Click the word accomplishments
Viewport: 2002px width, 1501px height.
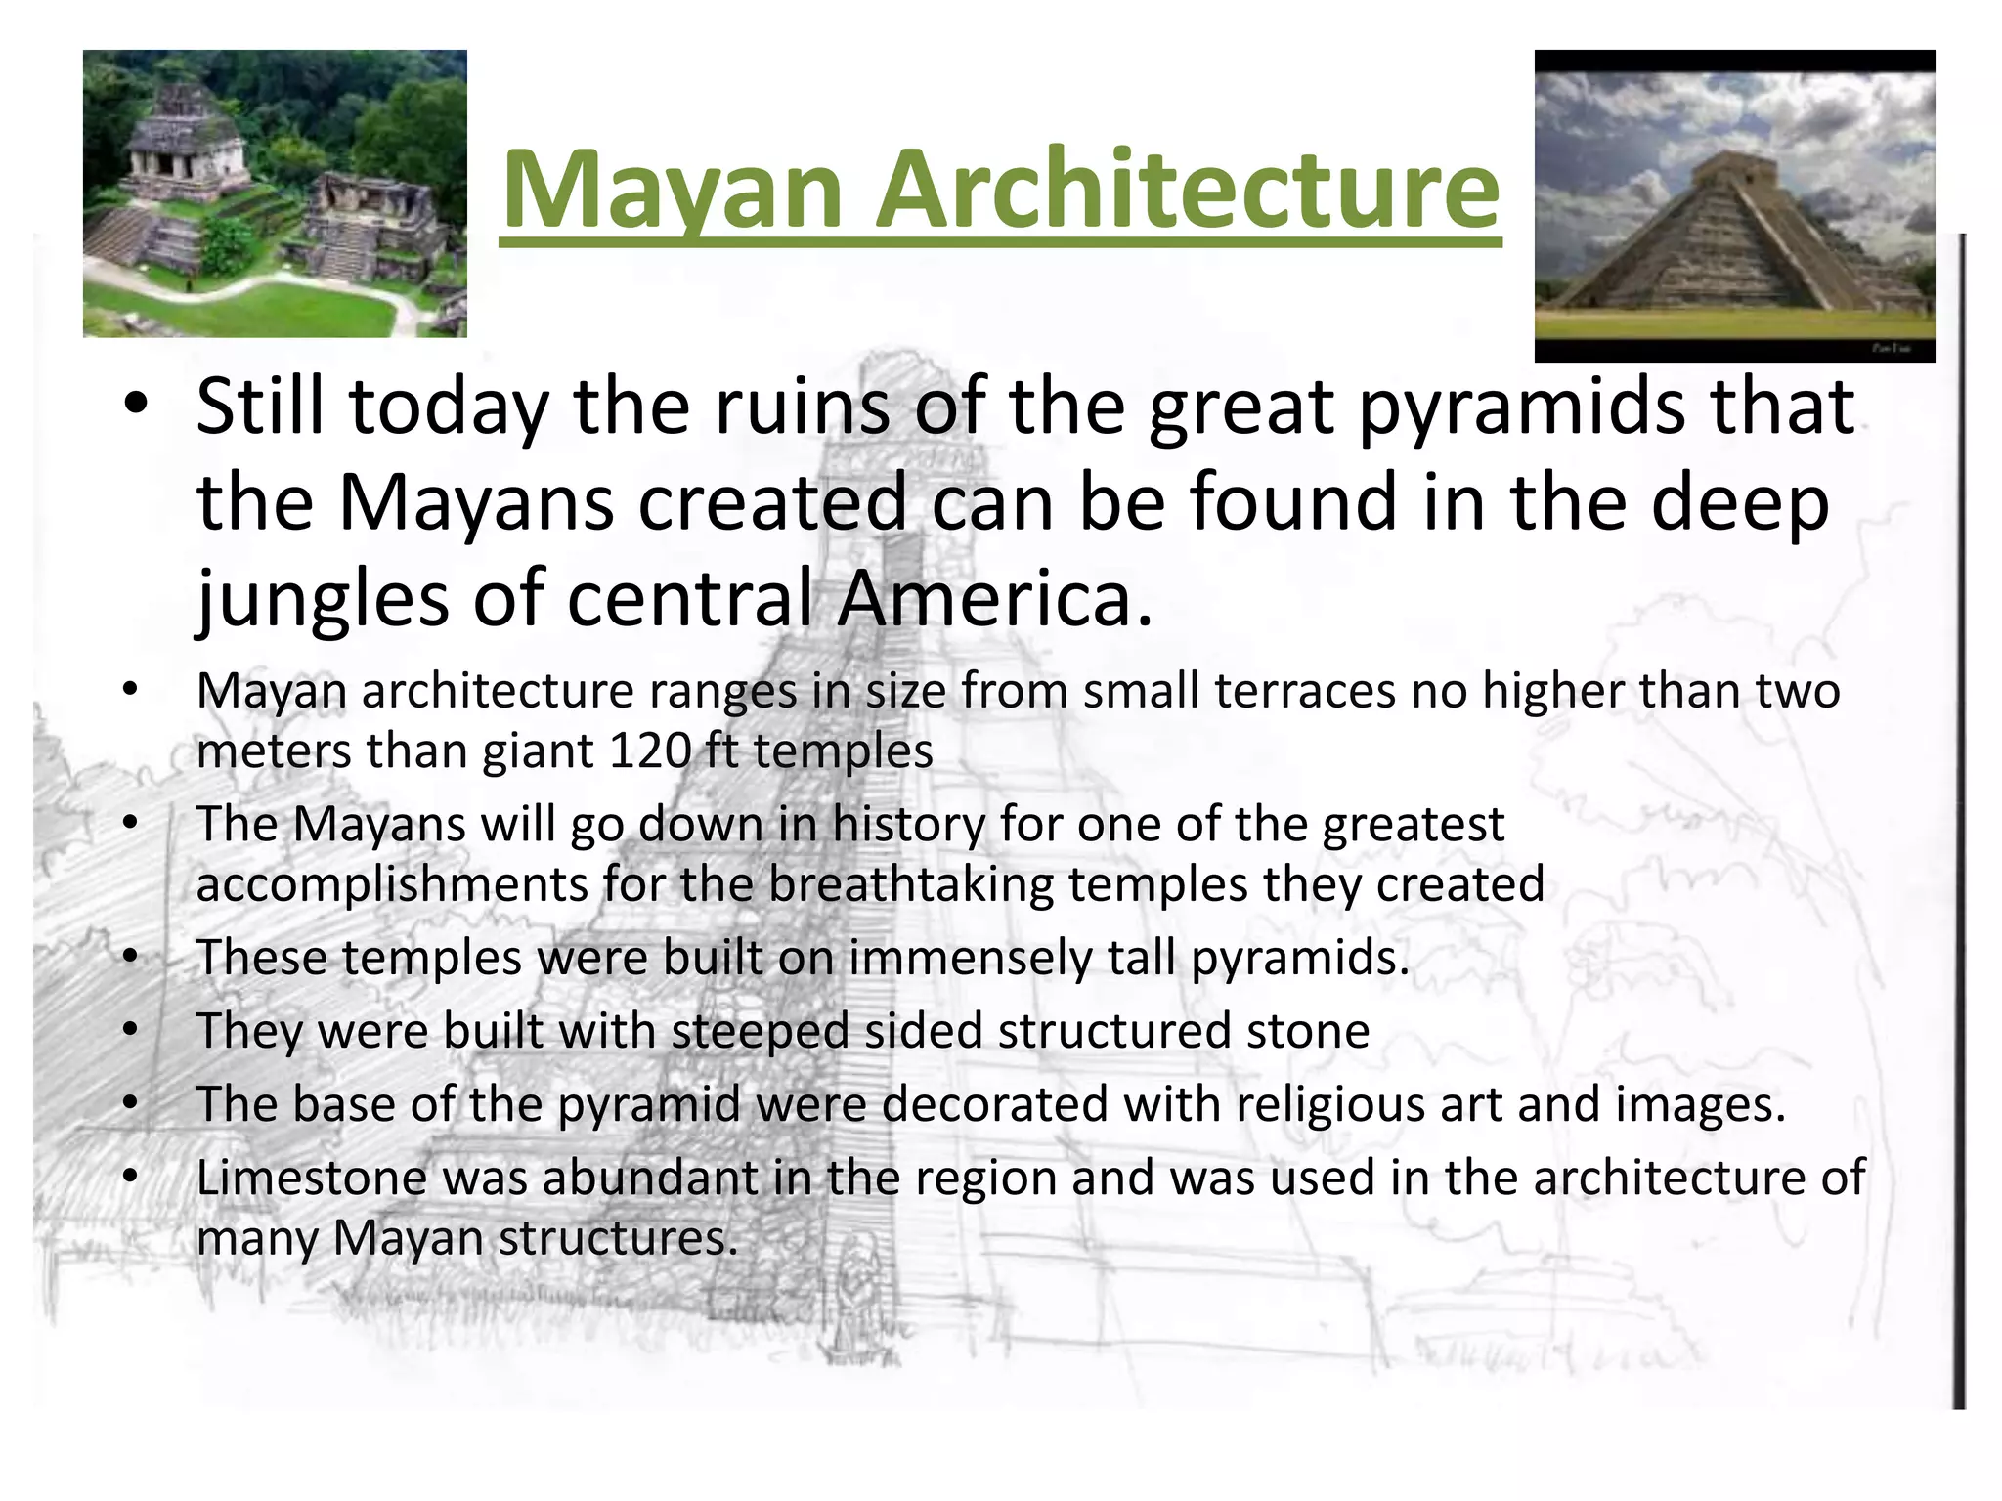click(x=391, y=884)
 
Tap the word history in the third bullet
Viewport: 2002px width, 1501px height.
click(x=908, y=824)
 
